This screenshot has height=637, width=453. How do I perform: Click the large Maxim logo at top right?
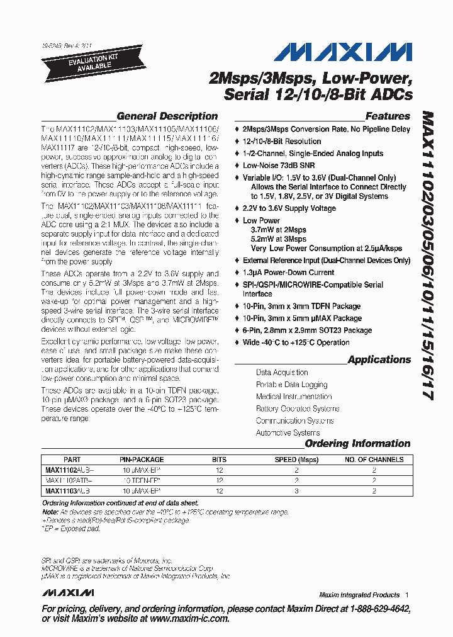(343, 52)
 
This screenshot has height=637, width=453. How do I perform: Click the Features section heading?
(388, 116)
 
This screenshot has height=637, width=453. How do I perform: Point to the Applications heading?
(379, 359)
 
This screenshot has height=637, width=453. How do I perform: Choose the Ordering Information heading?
(357, 443)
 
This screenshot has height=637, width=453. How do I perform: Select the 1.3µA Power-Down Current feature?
(288, 273)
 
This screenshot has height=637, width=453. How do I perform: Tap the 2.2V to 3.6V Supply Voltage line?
(289, 208)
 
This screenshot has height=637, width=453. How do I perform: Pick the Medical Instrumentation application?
(293, 397)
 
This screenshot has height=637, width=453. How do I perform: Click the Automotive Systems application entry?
(288, 432)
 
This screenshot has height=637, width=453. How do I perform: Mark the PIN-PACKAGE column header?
(142, 459)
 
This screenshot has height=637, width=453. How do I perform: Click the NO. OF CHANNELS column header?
(374, 459)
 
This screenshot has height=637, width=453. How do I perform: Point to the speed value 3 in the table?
(296, 490)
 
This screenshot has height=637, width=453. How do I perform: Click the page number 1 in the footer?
(407, 595)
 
